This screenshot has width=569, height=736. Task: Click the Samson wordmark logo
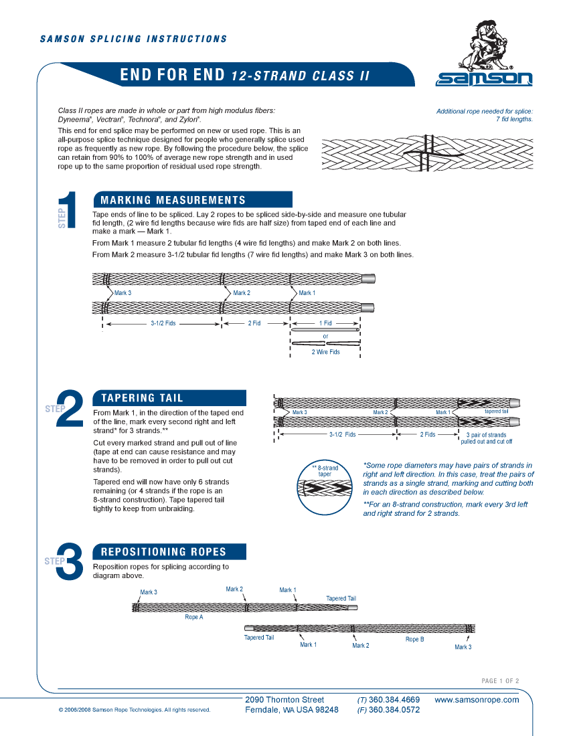tap(484, 80)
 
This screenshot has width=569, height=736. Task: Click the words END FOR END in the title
tap(172, 75)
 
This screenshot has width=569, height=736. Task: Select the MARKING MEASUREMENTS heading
tap(173, 200)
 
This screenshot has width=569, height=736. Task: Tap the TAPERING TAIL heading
tap(142, 398)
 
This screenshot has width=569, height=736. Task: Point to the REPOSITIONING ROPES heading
tap(163, 552)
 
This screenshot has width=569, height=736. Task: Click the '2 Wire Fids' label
tap(325, 352)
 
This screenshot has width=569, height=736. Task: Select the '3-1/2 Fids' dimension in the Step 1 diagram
tap(163, 323)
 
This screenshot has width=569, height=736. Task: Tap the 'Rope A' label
tap(193, 617)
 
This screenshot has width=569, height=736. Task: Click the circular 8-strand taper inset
tap(325, 488)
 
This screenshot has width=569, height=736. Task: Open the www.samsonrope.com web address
tap(477, 700)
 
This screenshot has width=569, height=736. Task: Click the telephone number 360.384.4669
tap(394, 700)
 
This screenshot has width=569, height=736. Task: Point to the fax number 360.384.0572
tap(394, 710)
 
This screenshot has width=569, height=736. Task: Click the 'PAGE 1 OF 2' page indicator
tap(500, 681)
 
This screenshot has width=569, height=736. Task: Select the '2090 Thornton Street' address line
tap(284, 700)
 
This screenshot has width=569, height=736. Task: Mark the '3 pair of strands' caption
tap(486, 435)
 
